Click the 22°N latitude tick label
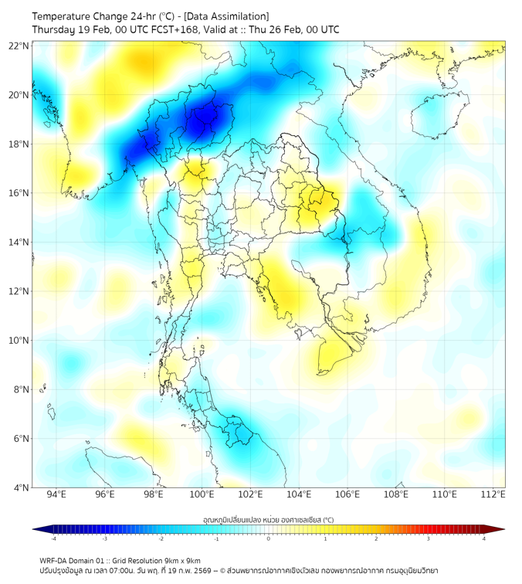[x=19, y=46]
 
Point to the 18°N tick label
[x=19, y=144]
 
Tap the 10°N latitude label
[x=19, y=341]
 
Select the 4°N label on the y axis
[x=21, y=487]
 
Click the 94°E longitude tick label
[x=56, y=495]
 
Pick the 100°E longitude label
[x=202, y=495]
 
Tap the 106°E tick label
[x=347, y=495]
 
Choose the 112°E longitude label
[x=493, y=495]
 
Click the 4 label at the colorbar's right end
[x=484, y=539]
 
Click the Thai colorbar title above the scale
[x=268, y=520]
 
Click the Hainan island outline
[x=439, y=115]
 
